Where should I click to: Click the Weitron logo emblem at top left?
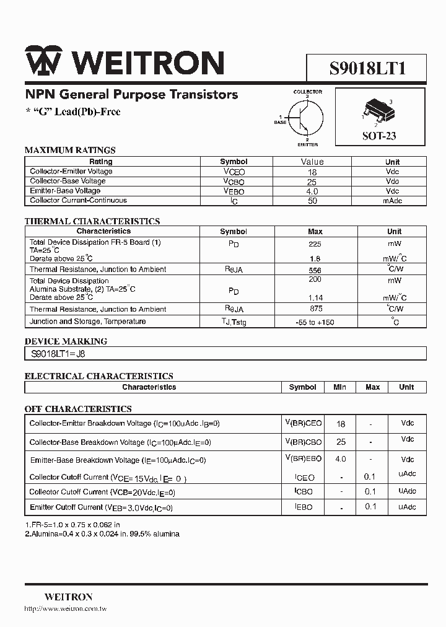point(43,62)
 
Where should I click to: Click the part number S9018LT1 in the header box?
point(367,68)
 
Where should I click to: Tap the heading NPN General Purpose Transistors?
point(131,95)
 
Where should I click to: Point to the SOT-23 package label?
point(379,136)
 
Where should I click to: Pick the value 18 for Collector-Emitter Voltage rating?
point(312,172)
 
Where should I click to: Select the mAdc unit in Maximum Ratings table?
point(392,201)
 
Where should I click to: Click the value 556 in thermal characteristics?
point(315,270)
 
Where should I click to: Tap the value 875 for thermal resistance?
point(315,309)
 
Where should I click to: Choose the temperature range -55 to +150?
point(315,322)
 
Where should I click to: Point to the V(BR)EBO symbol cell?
point(303,459)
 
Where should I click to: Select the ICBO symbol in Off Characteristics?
point(303,491)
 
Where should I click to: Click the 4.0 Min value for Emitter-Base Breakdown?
point(341,459)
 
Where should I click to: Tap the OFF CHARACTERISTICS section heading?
point(78,409)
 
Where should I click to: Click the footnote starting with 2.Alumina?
point(102,534)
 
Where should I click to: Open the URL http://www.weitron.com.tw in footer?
point(66,610)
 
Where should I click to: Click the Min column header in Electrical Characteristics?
point(339,387)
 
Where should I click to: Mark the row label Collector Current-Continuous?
point(78,201)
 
